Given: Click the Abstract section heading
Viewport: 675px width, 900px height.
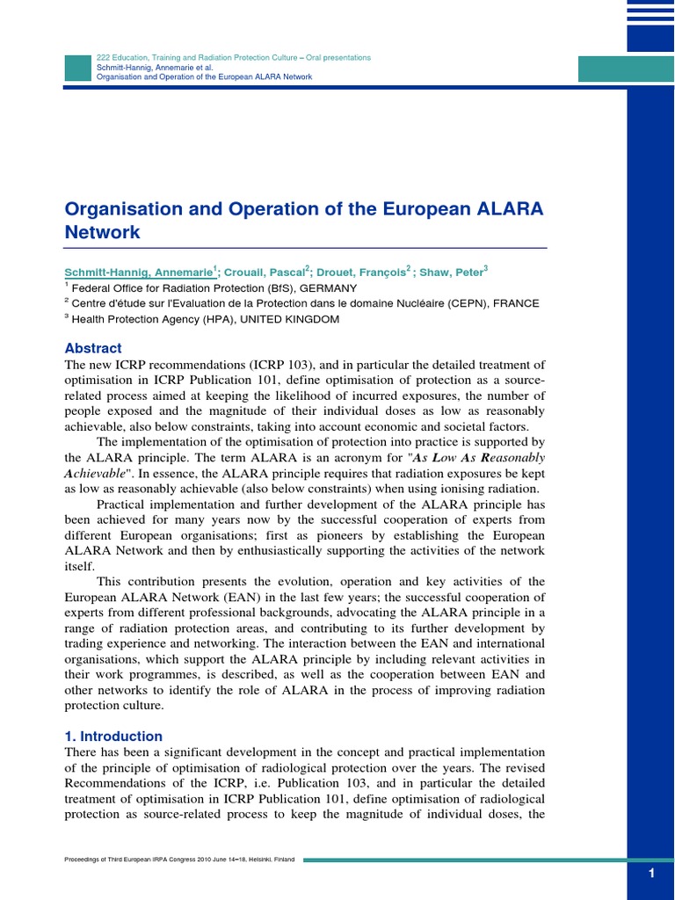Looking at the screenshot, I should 93,348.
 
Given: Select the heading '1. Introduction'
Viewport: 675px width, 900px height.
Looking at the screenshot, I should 113,736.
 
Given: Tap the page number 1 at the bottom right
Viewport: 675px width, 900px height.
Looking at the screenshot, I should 651,873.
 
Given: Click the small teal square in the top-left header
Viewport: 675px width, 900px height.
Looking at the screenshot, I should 78,68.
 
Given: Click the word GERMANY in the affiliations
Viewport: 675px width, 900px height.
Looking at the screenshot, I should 328,287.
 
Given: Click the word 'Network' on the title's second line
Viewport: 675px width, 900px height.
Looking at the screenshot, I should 103,233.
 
